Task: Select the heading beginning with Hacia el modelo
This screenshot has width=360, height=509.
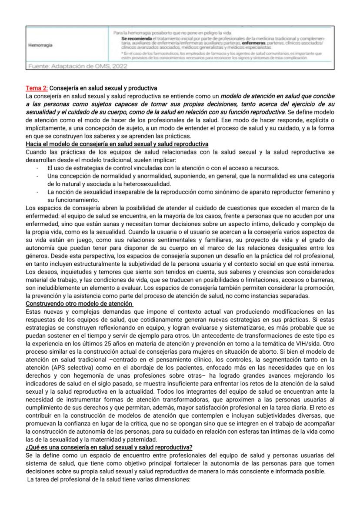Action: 117,144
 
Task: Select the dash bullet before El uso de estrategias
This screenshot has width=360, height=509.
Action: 38,168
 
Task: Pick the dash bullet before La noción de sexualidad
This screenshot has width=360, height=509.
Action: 38,192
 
